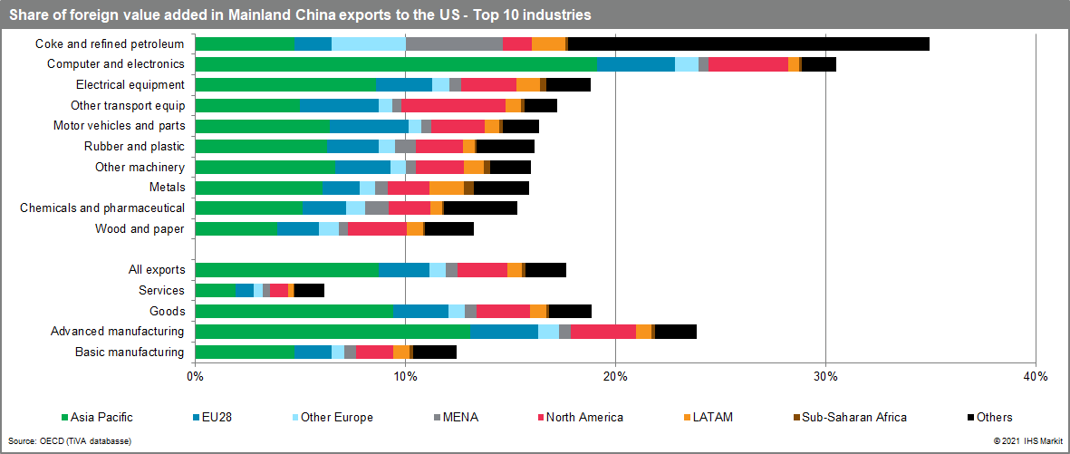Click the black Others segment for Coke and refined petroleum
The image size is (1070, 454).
[747, 43]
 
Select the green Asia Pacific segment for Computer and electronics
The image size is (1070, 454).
[396, 64]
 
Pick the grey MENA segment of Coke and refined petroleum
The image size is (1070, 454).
[454, 43]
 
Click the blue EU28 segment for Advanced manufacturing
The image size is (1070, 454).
[504, 332]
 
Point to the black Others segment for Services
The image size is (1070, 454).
[309, 290]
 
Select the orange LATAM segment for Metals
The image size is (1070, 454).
[446, 188]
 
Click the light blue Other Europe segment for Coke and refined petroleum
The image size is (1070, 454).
[369, 43]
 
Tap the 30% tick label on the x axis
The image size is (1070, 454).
[824, 375]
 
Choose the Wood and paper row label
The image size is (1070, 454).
[140, 228]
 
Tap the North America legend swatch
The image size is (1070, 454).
[540, 417]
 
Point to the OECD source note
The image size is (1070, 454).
[70, 441]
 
